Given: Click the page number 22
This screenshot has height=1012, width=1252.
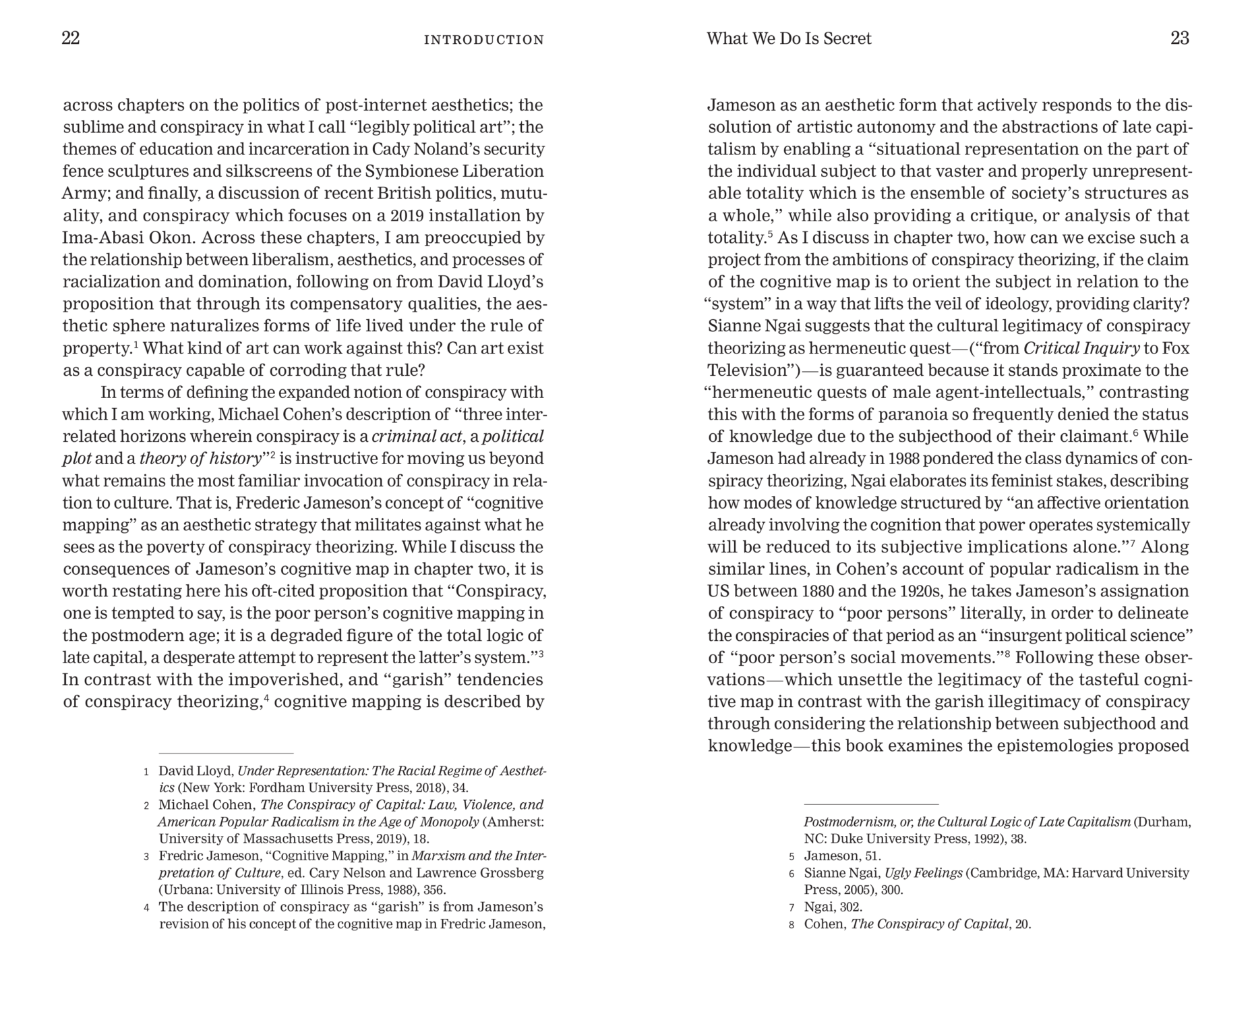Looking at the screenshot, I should point(71,38).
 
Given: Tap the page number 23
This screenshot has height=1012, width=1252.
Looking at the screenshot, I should point(1179,38).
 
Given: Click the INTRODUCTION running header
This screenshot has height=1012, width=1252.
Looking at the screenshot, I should point(483,40).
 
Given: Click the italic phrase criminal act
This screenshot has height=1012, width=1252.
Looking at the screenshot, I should point(417,437).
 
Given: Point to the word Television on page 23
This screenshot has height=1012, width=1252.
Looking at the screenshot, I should point(744,370).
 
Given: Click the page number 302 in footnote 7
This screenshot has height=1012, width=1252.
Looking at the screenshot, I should point(851,907).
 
